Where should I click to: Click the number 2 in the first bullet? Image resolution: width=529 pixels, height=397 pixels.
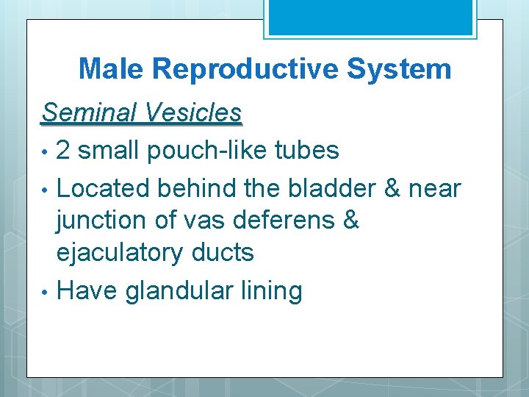tap(64, 151)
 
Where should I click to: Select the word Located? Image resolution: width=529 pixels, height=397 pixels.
tap(102, 189)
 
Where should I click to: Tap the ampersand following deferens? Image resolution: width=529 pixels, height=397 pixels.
tap(350, 221)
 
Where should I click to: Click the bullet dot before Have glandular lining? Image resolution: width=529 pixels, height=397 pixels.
tap(46, 292)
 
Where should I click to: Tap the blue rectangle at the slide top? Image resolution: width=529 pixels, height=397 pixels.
tap(370, 16)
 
